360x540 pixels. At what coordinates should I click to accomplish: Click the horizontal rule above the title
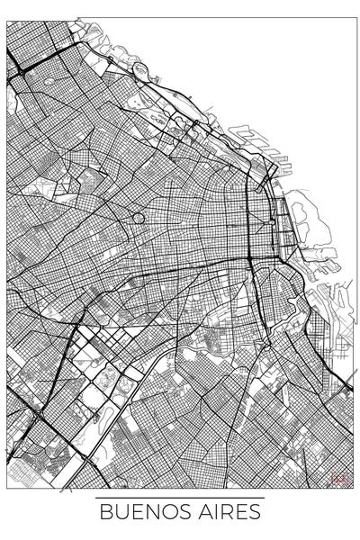[180, 498]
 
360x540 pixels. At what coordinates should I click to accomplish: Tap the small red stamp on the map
[338, 478]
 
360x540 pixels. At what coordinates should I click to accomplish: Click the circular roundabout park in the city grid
[138, 217]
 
